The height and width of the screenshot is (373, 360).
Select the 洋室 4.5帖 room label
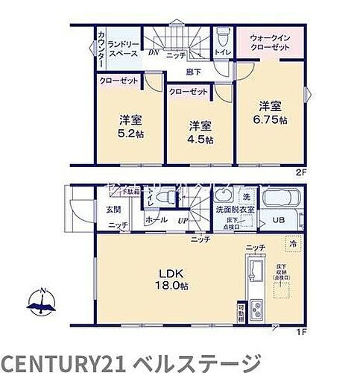[200, 132]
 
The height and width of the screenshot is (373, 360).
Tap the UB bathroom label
[277, 220]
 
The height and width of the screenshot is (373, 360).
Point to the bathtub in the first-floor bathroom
[278, 201]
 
